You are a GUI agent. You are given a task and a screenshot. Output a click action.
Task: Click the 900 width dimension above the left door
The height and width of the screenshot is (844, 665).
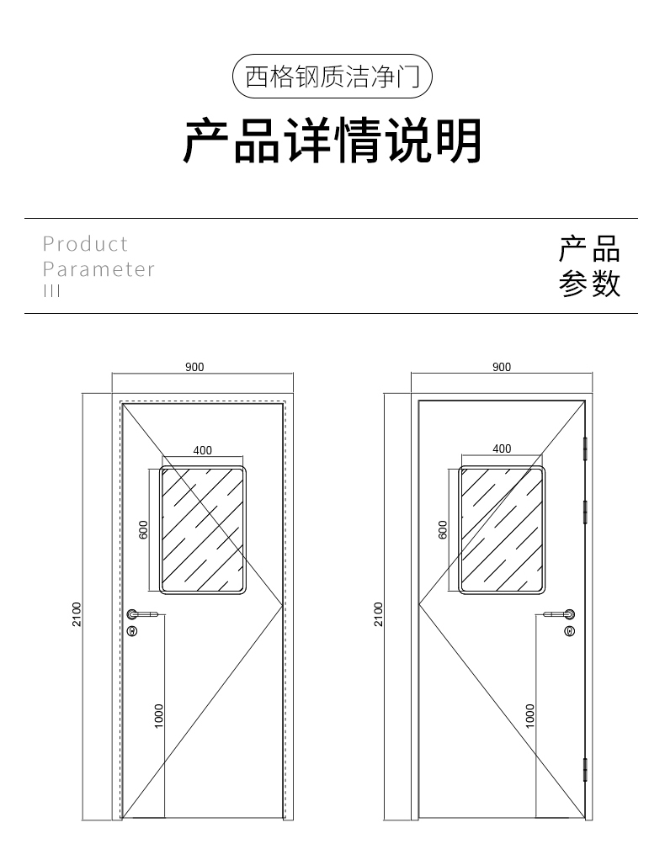coord(194,367)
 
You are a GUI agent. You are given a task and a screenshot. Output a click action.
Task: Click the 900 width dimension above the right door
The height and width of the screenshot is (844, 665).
coord(501,367)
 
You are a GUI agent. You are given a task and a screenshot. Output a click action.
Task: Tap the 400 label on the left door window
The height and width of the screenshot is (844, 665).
coord(203,450)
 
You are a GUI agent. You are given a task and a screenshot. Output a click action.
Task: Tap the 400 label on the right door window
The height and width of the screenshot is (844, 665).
coord(502,449)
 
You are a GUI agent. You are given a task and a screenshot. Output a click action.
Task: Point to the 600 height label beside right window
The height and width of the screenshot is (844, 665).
coord(443,529)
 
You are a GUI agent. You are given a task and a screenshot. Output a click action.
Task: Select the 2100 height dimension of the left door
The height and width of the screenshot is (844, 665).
coord(76,614)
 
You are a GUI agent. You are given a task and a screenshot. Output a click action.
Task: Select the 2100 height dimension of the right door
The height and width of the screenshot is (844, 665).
coord(378,614)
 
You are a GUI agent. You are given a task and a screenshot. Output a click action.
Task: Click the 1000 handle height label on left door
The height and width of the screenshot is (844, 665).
coord(159,716)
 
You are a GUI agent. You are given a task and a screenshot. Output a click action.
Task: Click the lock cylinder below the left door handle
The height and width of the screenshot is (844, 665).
coord(132,630)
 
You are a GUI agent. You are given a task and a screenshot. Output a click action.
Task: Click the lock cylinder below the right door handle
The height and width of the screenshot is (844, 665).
coord(570,630)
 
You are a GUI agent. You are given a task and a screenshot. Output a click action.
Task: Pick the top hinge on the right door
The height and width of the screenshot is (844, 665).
coord(584,447)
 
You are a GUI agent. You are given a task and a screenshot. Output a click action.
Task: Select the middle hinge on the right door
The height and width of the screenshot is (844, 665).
coord(584,510)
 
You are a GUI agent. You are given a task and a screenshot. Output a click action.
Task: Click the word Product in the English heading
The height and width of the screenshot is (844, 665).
coord(85,244)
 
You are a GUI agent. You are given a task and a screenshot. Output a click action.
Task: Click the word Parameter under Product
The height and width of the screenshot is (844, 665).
coord(98,269)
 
